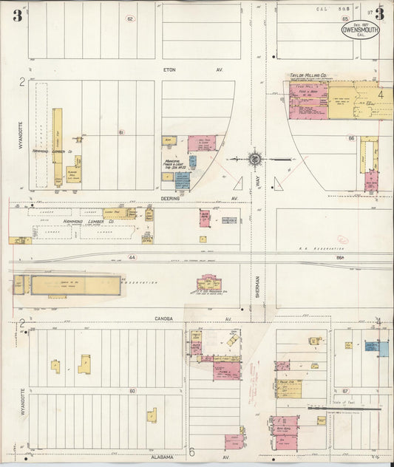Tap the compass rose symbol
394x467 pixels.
pos(254,158)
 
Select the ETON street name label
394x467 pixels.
pos(172,70)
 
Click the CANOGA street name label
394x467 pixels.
pos(163,319)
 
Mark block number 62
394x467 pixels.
pos(131,18)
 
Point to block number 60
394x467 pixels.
pos(132,389)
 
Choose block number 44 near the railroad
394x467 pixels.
pos(132,257)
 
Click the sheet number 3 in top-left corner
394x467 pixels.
pos(16,14)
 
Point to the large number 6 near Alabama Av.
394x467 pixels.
pos(191,452)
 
